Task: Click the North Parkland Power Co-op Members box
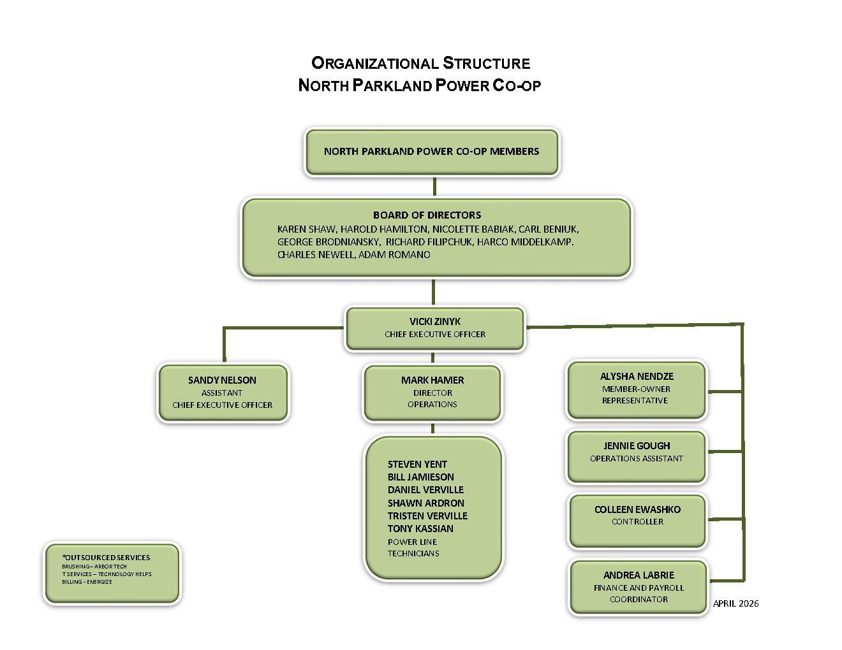tap(432, 152)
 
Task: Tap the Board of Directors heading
tap(427, 215)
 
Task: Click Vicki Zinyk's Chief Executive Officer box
tap(434, 328)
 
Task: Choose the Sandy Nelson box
tap(222, 392)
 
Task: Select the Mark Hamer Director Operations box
tap(432, 392)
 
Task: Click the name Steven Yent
tap(417, 464)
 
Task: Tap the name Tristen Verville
tap(427, 516)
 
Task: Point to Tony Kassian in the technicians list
tap(420, 528)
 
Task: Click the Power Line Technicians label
tap(413, 547)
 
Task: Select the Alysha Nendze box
tap(636, 388)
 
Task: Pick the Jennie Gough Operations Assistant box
tap(636, 452)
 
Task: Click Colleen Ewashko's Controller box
tap(637, 516)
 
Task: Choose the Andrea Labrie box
tap(639, 587)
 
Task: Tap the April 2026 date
tap(735, 603)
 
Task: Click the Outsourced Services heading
tap(107, 557)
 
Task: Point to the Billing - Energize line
tap(87, 582)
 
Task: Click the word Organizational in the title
tap(374, 63)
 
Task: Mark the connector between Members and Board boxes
tap(434, 187)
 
